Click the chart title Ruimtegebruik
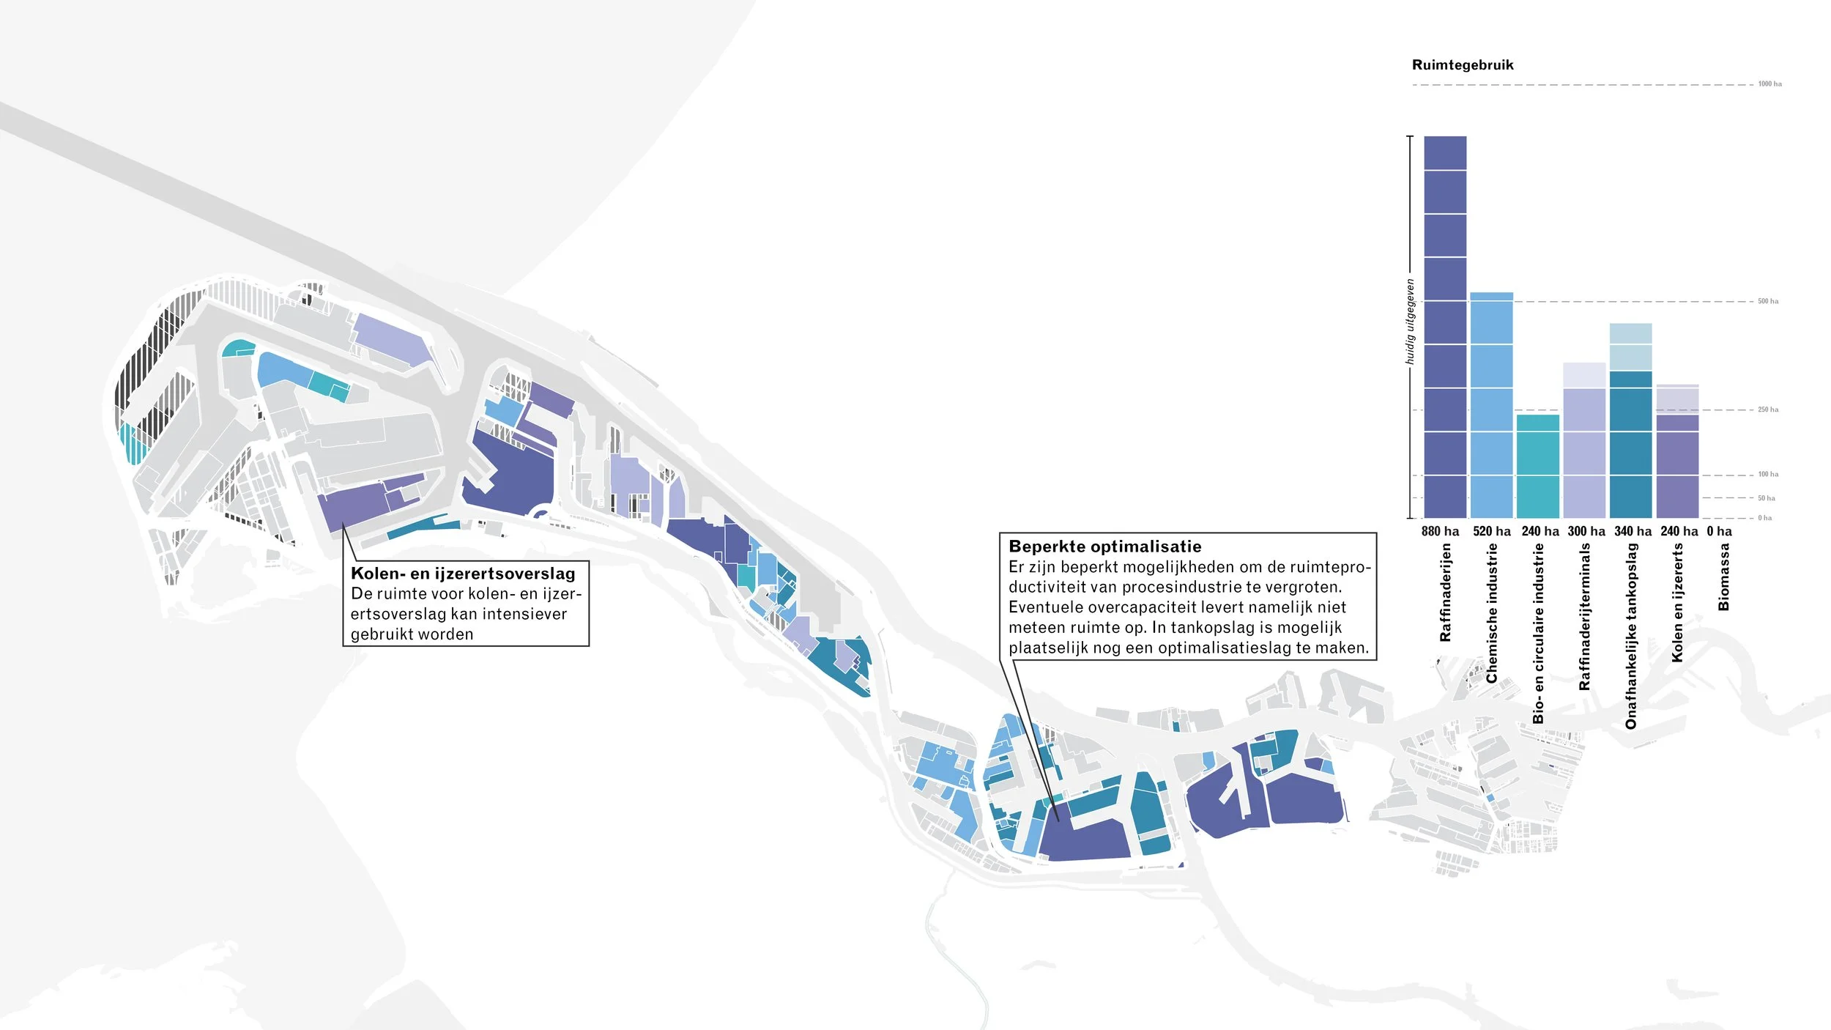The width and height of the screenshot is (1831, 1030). click(x=1462, y=64)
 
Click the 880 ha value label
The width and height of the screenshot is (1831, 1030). click(x=1440, y=531)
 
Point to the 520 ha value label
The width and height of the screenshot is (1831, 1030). click(x=1492, y=531)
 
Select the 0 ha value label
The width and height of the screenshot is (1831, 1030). click(x=1719, y=531)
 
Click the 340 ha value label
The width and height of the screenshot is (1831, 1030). click(x=1633, y=531)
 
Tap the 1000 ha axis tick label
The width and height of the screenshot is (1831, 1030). click(x=1769, y=84)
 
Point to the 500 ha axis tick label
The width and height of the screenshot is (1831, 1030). click(x=1768, y=301)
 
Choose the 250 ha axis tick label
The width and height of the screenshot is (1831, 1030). click(x=1768, y=410)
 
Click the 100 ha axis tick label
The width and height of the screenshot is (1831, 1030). click(x=1768, y=475)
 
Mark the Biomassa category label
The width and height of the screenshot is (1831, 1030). click(x=1724, y=577)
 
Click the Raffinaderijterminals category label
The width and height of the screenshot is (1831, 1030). click(x=1585, y=616)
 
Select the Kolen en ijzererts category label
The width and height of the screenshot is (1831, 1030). click(x=1678, y=602)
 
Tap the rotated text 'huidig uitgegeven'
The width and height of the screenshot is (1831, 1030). click(x=1410, y=322)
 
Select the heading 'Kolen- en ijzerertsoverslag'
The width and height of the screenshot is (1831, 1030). click(x=463, y=574)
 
